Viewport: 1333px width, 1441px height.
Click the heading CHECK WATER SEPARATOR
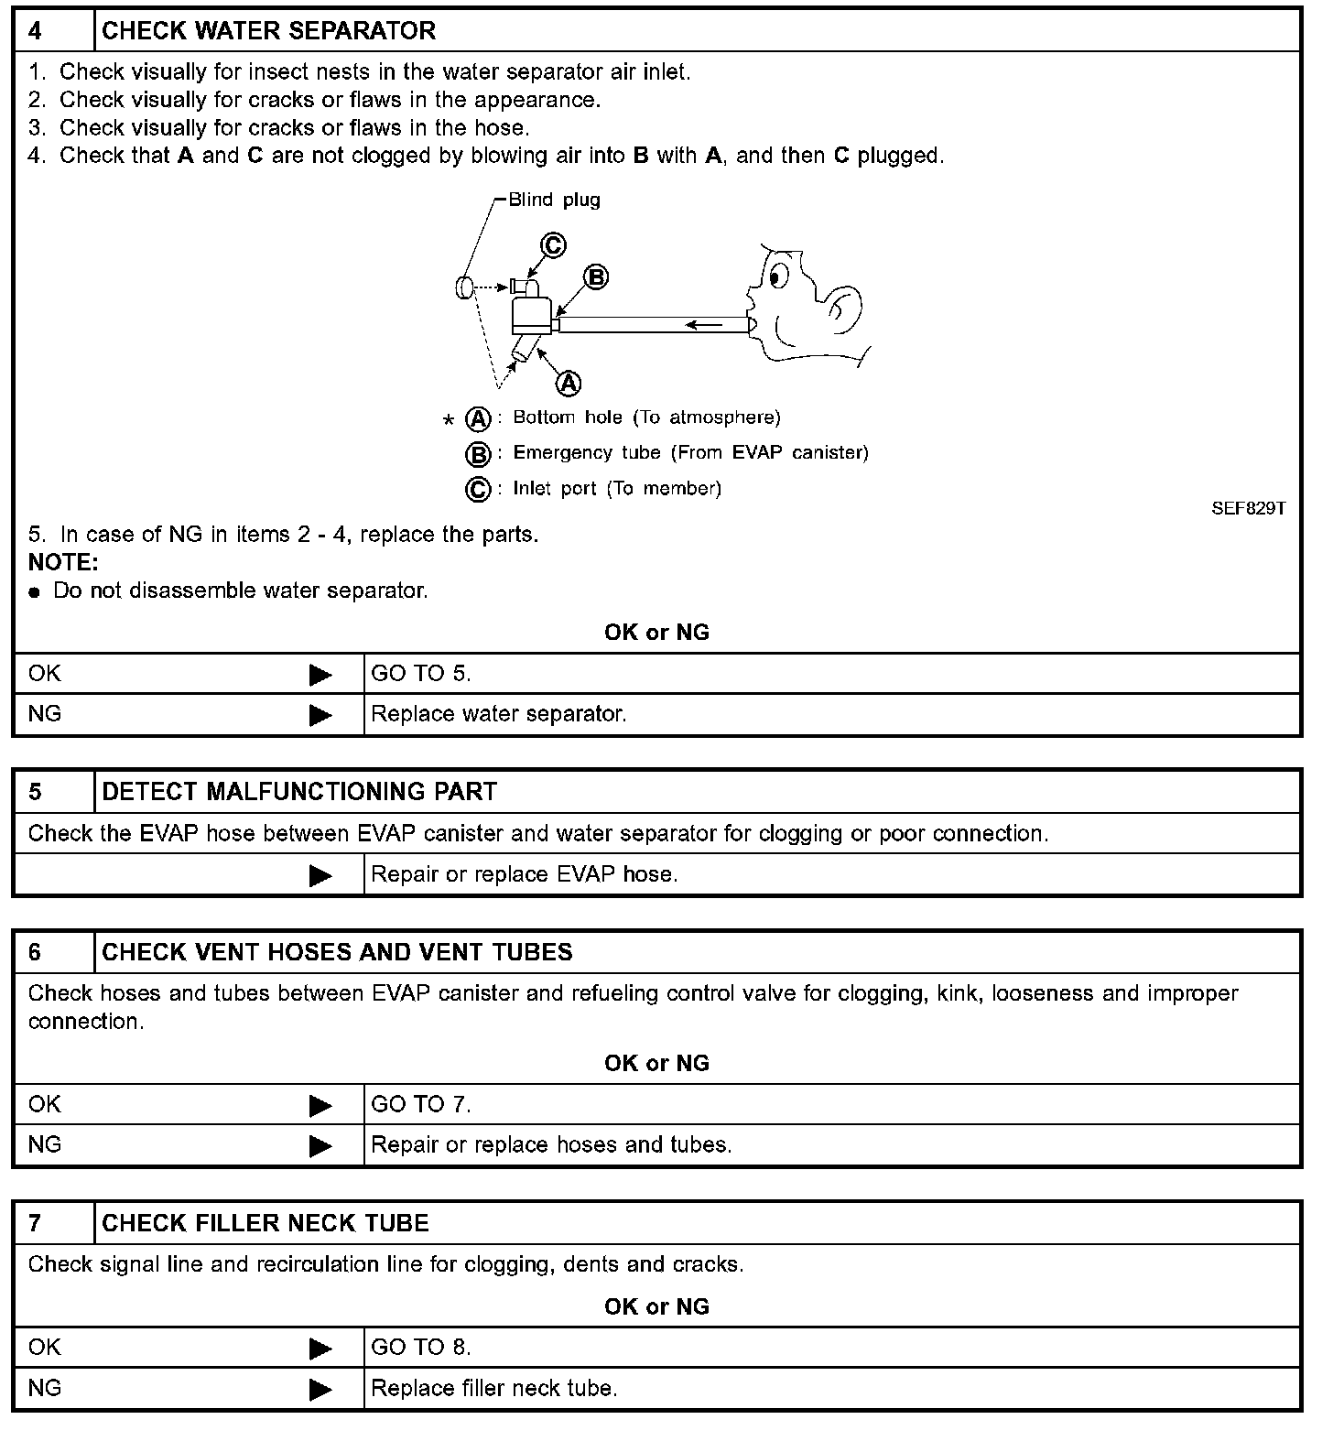pyautogui.click(x=268, y=31)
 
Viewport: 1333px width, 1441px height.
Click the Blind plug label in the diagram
pyautogui.click(x=554, y=200)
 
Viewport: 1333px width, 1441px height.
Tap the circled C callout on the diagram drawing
pyautogui.click(x=553, y=245)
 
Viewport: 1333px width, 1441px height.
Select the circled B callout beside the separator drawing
pyautogui.click(x=596, y=277)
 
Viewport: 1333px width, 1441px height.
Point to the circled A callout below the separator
pyautogui.click(x=569, y=383)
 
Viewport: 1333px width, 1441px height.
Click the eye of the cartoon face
pyautogui.click(x=778, y=275)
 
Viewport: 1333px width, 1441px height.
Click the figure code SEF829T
pyautogui.click(x=1248, y=508)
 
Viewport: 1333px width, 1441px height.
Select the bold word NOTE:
pyautogui.click(x=63, y=562)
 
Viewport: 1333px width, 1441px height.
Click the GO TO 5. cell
pyautogui.click(x=421, y=674)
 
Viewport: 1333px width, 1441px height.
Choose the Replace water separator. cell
pyautogui.click(x=499, y=714)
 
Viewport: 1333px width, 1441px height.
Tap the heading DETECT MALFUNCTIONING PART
pyautogui.click(x=299, y=792)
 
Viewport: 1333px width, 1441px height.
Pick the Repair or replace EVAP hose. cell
pyautogui.click(x=525, y=874)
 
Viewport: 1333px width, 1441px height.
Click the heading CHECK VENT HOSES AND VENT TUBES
pyautogui.click(x=337, y=952)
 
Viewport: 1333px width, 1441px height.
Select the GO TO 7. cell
pyautogui.click(x=421, y=1104)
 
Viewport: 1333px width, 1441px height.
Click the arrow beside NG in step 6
pyautogui.click(x=320, y=1145)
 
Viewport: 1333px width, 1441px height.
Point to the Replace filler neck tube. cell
pyautogui.click(x=494, y=1388)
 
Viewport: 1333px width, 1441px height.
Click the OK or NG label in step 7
pyautogui.click(x=656, y=1306)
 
